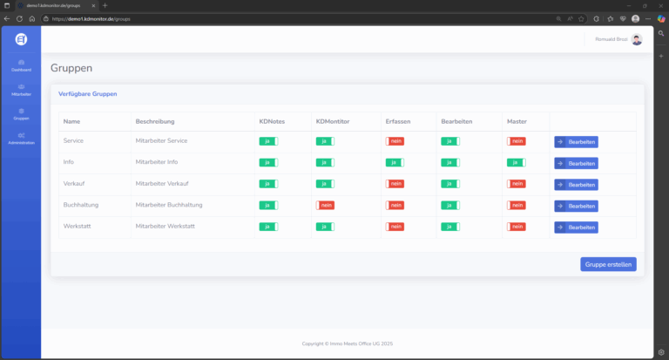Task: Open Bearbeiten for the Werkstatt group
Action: (576, 228)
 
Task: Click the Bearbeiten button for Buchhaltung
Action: (576, 206)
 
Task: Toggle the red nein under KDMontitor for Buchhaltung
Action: (325, 205)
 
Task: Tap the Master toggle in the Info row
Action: (517, 162)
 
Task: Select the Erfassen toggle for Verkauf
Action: (395, 183)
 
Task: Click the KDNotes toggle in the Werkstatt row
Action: (268, 227)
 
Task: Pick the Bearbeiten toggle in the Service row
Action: (450, 141)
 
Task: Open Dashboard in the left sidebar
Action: (21, 65)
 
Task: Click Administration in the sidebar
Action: (21, 138)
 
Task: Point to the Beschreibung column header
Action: (155, 121)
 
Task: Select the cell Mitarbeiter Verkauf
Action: (163, 183)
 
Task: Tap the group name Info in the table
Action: (69, 162)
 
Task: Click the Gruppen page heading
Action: (71, 68)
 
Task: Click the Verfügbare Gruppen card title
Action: (87, 93)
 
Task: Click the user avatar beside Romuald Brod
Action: (637, 40)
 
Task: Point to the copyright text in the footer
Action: (347, 343)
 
